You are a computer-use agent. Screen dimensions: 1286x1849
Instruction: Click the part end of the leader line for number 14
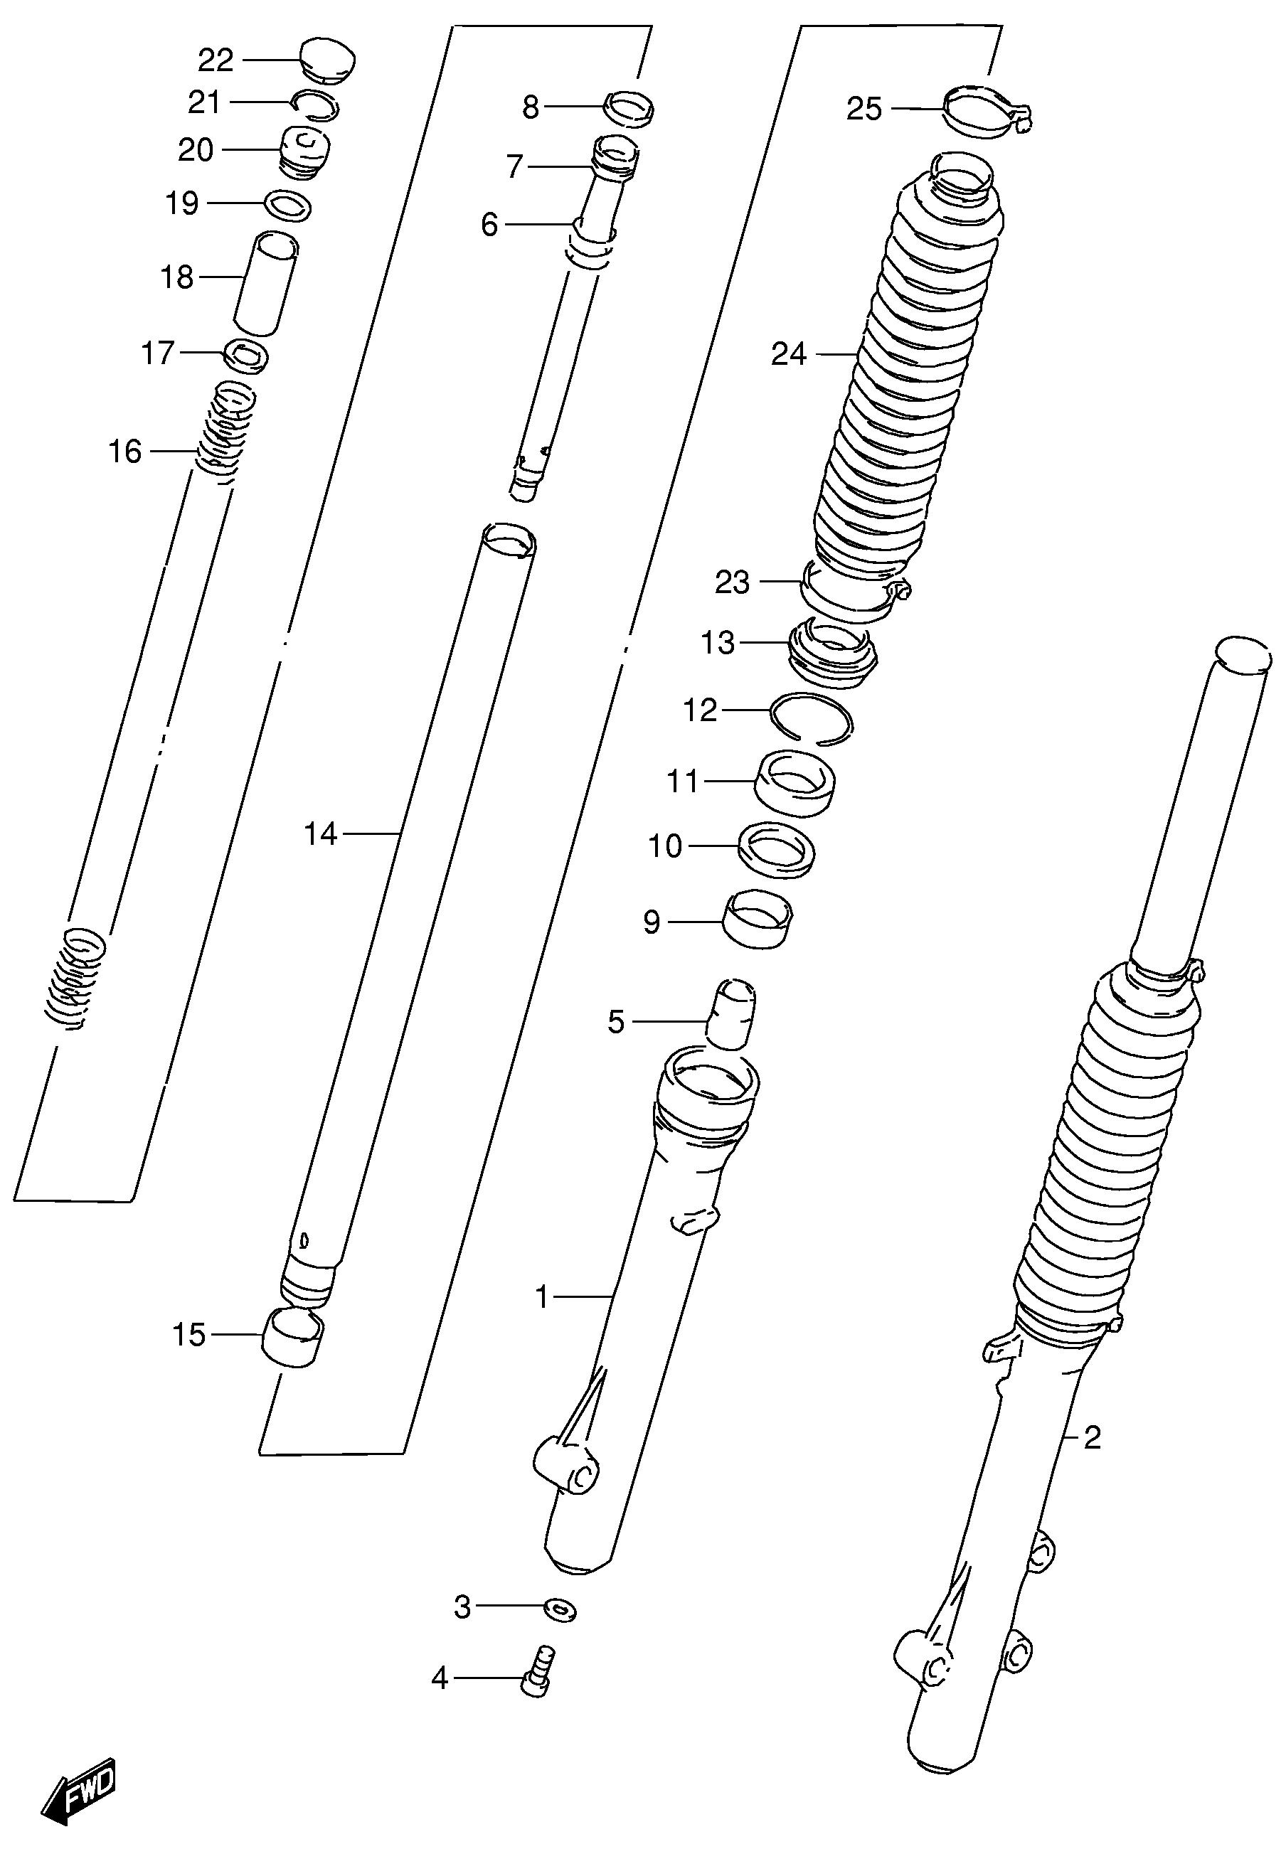400,834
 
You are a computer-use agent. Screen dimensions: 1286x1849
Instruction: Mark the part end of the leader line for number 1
615,1296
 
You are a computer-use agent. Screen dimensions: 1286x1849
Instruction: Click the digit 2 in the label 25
855,109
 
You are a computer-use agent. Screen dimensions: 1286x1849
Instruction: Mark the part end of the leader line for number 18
245,278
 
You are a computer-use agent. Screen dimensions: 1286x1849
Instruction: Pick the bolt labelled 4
538,1674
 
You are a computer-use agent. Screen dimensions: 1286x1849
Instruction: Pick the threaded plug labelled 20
304,153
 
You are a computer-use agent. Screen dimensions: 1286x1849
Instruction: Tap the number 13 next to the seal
718,644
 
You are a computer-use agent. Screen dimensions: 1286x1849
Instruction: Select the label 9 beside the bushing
652,921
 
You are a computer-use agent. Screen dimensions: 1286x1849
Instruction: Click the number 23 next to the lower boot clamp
732,582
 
